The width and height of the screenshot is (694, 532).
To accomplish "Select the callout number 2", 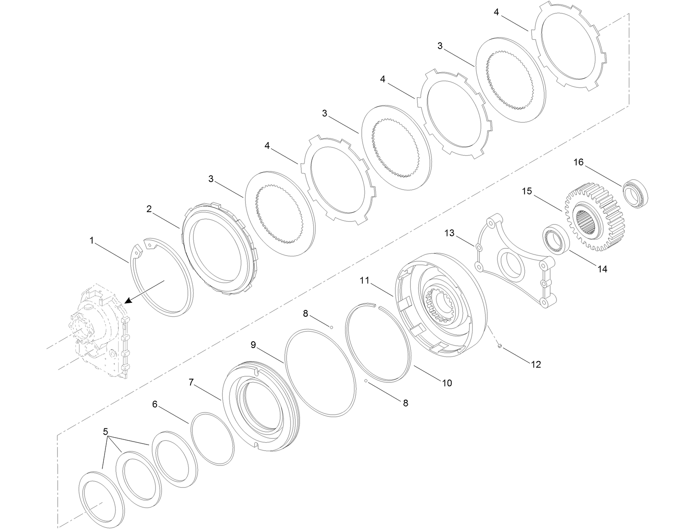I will coord(149,208).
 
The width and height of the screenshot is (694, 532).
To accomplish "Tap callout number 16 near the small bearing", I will coord(578,162).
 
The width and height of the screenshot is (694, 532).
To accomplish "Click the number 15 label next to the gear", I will coord(527,191).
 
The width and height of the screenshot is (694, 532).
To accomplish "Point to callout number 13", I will coord(449,233).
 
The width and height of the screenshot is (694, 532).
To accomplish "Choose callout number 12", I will coord(536,364).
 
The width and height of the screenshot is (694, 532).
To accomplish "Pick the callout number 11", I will coord(365,280).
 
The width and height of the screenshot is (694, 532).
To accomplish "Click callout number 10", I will coord(447,383).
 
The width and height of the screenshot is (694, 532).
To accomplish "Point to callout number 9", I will coord(253,345).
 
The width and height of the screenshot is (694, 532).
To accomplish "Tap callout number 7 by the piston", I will coord(191,382).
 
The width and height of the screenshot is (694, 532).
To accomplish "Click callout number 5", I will coord(105,432).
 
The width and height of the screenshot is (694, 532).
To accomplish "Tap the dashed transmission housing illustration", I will coord(100,330).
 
